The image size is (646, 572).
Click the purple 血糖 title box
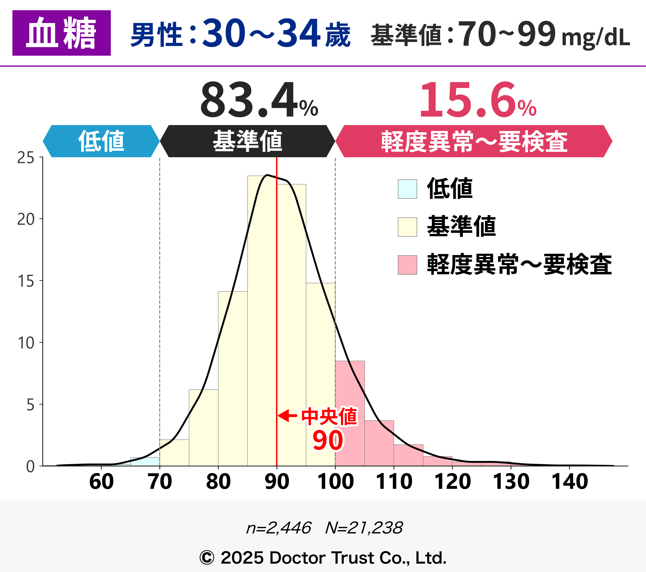pyautogui.click(x=61, y=33)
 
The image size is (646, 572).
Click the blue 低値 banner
pyautogui.click(x=101, y=141)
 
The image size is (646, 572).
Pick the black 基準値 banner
pyautogui.click(x=247, y=141)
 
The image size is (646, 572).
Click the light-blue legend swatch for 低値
pyautogui.click(x=407, y=189)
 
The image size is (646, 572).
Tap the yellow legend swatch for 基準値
pyautogui.click(x=407, y=227)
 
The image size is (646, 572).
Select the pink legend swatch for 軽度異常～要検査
pyautogui.click(x=407, y=265)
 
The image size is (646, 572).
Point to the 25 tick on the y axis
pyautogui.click(x=26, y=157)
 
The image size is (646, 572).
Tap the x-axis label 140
pyautogui.click(x=570, y=482)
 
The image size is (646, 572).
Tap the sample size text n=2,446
pyautogui.click(x=279, y=528)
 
